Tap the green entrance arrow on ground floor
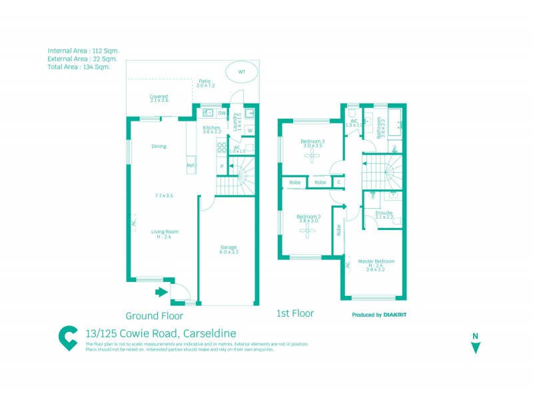161,291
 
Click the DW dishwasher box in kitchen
221,113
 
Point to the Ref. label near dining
191,165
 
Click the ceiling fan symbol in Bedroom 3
311,155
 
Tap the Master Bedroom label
376,261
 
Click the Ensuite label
384,213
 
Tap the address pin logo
68,337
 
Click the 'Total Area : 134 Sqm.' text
79,67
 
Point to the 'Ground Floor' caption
154,316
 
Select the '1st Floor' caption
295,313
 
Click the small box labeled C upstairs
339,182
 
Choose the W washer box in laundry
249,130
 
